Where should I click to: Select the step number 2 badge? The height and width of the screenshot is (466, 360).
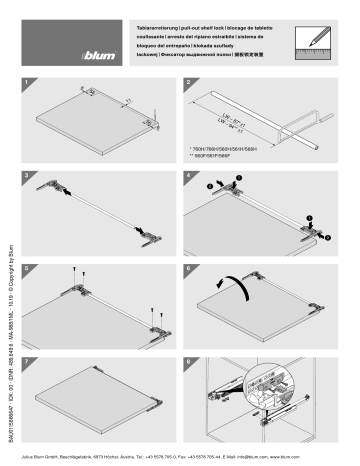188,85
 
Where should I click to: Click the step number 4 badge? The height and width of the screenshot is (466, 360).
188,175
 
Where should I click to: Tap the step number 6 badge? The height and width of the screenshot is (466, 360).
188,265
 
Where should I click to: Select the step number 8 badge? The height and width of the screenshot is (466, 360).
188,355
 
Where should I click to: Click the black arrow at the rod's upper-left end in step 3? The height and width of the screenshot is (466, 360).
69,196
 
